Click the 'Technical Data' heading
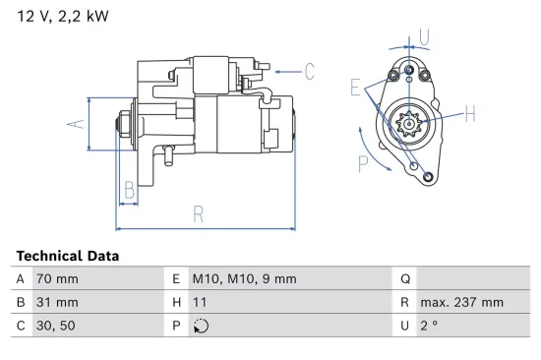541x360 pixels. pyautogui.click(x=68, y=256)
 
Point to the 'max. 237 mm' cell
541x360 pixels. pyautogui.click(x=461, y=303)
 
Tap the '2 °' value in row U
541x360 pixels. pyautogui.click(x=429, y=327)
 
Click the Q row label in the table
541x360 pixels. pyautogui.click(x=404, y=279)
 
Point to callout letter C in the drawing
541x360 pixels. pyautogui.click(x=308, y=71)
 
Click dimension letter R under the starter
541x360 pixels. pyautogui.click(x=199, y=213)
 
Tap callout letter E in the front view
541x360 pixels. pyautogui.click(x=354, y=89)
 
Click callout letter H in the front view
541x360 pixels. pyautogui.click(x=470, y=114)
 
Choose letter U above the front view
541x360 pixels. pyautogui.click(x=424, y=37)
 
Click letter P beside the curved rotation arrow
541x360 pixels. pyautogui.click(x=363, y=163)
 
